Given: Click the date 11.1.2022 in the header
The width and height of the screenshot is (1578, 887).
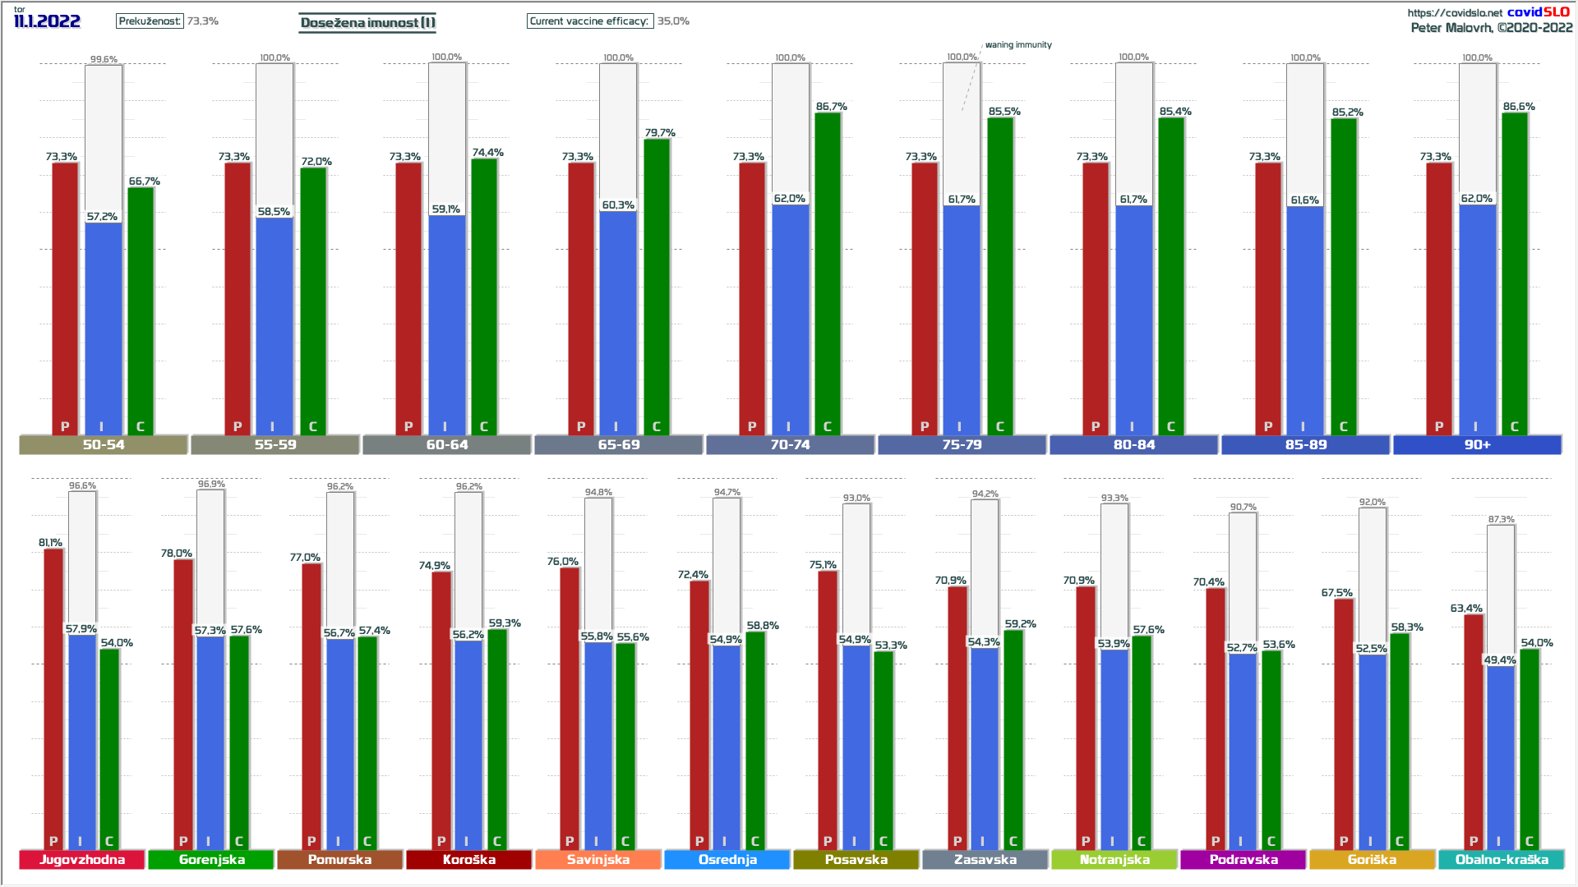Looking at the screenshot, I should point(47,21).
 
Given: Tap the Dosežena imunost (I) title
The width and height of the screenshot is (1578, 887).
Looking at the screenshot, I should point(367,22).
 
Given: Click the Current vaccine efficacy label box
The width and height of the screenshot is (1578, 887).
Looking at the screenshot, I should point(589,21).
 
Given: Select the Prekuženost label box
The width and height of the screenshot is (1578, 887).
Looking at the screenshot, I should point(150,21).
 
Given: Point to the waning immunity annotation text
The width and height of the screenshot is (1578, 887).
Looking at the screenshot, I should point(1018,45).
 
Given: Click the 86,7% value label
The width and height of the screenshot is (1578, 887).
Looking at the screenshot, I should point(831,107).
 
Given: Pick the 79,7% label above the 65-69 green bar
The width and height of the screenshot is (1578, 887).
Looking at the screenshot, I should point(660,133).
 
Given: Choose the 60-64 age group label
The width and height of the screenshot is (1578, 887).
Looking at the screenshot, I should point(447,445).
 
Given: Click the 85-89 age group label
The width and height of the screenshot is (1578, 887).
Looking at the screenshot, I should point(1306,445).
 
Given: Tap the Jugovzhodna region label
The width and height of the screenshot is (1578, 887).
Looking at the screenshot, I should point(82,860).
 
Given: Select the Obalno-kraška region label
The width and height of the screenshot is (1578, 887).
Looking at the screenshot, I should point(1502,860).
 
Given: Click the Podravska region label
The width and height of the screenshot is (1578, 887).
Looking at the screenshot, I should point(1243,860).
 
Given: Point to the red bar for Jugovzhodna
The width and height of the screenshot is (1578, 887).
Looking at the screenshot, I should point(53,698).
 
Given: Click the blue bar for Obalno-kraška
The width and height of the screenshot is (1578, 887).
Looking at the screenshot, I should point(1500,756).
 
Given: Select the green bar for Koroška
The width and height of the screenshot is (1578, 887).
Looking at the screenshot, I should point(497,739).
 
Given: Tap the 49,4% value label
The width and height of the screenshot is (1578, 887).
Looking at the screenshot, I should point(1500,660).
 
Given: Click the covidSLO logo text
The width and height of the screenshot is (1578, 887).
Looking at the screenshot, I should point(1538,11).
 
